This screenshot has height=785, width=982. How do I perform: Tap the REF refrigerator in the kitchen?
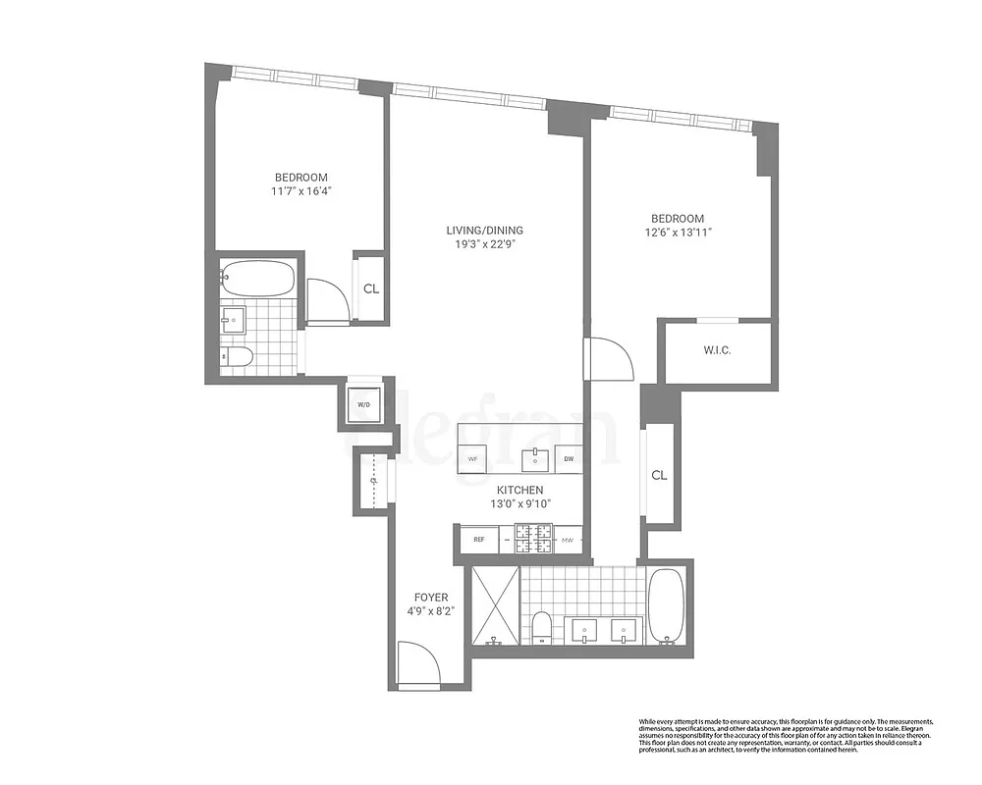pyautogui.click(x=479, y=539)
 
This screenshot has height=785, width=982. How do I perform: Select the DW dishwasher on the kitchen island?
pyautogui.click(x=568, y=458)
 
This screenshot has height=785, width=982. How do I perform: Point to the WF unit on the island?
pyautogui.click(x=472, y=458)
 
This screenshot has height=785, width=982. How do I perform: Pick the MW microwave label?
pyautogui.click(x=568, y=539)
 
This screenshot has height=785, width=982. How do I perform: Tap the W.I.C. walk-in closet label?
pyautogui.click(x=717, y=350)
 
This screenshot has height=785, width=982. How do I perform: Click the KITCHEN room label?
pyautogui.click(x=519, y=490)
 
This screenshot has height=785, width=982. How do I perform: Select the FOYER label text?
pyautogui.click(x=431, y=597)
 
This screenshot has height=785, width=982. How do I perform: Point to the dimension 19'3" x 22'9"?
pyautogui.click(x=481, y=244)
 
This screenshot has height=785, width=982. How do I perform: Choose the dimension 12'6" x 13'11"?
pyautogui.click(x=677, y=233)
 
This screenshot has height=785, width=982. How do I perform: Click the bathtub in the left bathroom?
pyautogui.click(x=256, y=279)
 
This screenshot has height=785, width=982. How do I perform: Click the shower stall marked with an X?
pyautogui.click(x=496, y=605)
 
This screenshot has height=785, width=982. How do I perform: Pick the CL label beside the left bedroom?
pyautogui.click(x=371, y=288)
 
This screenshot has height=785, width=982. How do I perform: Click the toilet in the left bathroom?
pyautogui.click(x=236, y=356)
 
